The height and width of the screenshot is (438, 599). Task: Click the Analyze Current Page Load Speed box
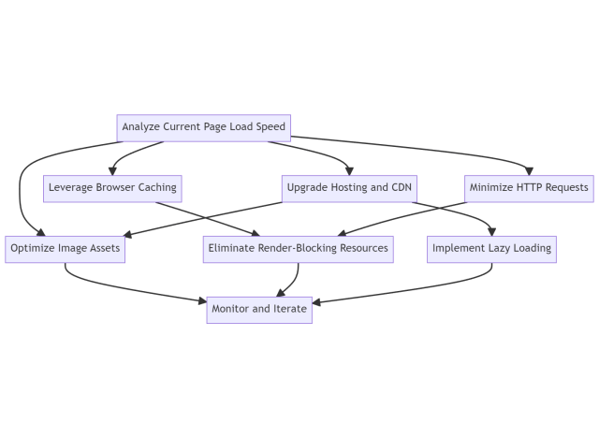point(203,126)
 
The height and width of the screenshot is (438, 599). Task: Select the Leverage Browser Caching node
point(111,187)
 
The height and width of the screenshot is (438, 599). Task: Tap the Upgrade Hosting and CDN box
point(350,187)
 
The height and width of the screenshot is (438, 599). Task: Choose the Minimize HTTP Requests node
point(530,187)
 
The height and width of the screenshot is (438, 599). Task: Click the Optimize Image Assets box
point(64,249)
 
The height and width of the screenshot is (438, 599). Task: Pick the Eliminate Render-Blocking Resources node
point(298,249)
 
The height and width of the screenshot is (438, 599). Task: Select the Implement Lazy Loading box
point(492,249)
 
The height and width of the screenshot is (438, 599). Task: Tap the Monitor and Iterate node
point(259,309)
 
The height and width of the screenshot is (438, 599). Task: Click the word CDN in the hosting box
point(401,187)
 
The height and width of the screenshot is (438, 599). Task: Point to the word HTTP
point(522,187)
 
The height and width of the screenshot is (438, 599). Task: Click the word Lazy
point(497,249)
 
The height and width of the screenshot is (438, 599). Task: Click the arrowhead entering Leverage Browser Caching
point(112,171)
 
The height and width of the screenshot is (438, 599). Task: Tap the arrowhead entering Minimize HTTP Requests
point(530,171)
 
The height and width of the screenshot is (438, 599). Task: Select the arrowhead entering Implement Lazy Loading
point(492,233)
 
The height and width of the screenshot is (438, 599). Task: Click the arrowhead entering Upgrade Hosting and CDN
point(350,171)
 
